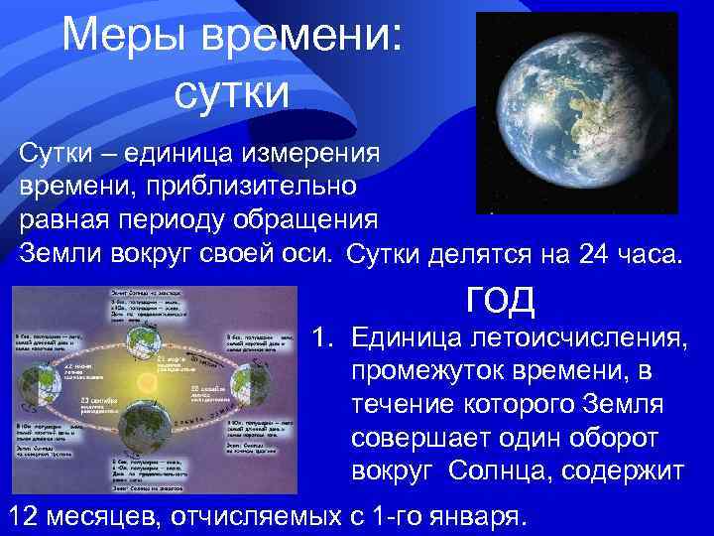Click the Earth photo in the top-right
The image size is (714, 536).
click(575, 111)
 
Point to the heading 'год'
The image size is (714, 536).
click(500, 297)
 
